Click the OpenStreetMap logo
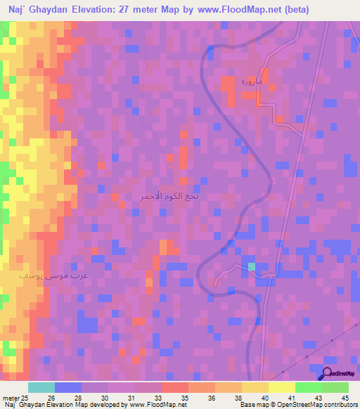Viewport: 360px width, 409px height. click(338, 374)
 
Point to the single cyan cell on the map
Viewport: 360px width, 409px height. click(252, 267)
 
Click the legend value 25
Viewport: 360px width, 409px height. click(27, 398)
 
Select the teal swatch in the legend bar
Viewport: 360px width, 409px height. click(41, 387)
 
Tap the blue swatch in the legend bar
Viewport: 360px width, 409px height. click(68, 387)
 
